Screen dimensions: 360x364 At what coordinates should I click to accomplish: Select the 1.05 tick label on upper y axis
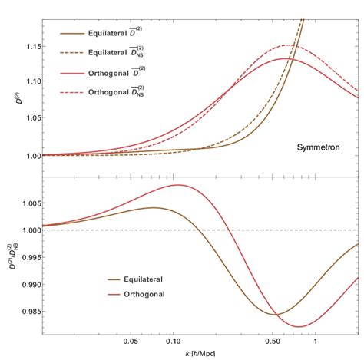(30, 120)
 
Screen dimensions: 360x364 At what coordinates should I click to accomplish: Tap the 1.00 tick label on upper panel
(30, 156)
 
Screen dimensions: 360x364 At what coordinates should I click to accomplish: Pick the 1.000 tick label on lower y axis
(28, 230)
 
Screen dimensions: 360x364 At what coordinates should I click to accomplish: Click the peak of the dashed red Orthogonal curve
(290, 45)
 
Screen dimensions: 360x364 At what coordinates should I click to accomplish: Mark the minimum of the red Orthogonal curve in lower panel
(299, 326)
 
